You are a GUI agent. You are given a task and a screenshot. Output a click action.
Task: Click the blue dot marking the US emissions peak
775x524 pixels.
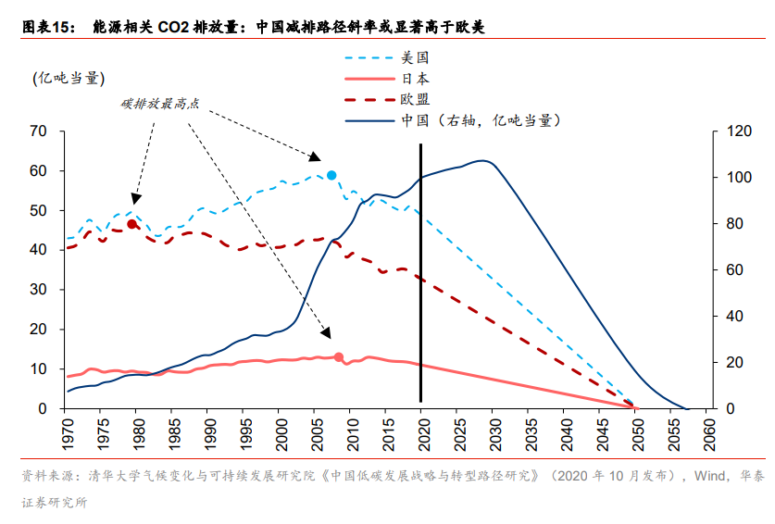pyautogui.click(x=331, y=175)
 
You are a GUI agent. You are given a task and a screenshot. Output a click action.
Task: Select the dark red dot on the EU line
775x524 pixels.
pyautogui.click(x=131, y=224)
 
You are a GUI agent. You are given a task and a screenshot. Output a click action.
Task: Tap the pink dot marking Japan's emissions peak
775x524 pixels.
pyautogui.click(x=338, y=357)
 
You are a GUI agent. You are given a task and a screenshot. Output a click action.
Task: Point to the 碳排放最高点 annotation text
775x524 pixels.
pyautogui.click(x=160, y=104)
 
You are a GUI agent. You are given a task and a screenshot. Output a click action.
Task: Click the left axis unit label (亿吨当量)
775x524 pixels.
pyautogui.click(x=68, y=78)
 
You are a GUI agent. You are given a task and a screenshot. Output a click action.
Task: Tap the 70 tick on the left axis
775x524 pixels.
pyautogui.click(x=38, y=131)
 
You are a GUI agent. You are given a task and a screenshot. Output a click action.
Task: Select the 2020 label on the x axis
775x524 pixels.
pyautogui.click(x=421, y=434)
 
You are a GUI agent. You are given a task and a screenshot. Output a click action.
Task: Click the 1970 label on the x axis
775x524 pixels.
pyautogui.click(x=66, y=434)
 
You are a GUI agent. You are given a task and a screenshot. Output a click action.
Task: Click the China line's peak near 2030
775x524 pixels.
pyautogui.click(x=483, y=160)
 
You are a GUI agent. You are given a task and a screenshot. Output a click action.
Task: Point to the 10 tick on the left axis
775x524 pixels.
pyautogui.click(x=38, y=369)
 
